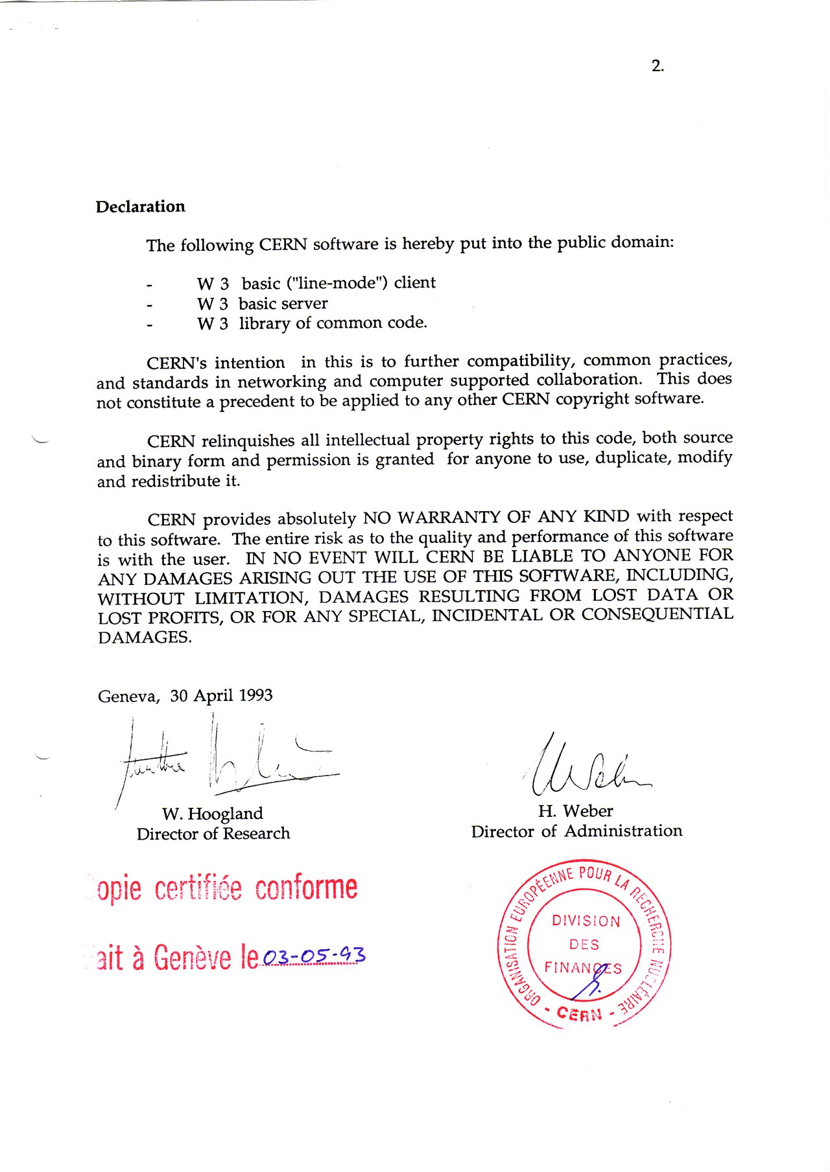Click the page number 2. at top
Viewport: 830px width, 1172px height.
(x=658, y=65)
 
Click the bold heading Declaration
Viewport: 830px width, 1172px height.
(x=140, y=207)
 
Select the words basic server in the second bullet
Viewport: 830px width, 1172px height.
(x=283, y=304)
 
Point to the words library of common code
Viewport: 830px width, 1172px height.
(x=333, y=323)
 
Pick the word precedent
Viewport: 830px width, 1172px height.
(x=257, y=402)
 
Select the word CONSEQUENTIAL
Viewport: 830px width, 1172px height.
(x=657, y=614)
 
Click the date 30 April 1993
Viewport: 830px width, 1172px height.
(x=221, y=696)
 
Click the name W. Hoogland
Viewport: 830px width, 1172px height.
(x=213, y=814)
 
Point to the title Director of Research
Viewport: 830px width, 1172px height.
(x=213, y=834)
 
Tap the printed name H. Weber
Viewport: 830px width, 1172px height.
(x=575, y=811)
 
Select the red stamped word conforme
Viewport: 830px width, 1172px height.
(x=305, y=888)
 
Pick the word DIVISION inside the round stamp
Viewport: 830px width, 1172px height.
(x=586, y=921)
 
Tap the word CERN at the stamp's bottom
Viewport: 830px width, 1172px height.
(x=579, y=1014)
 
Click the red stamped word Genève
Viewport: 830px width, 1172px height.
(x=192, y=959)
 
